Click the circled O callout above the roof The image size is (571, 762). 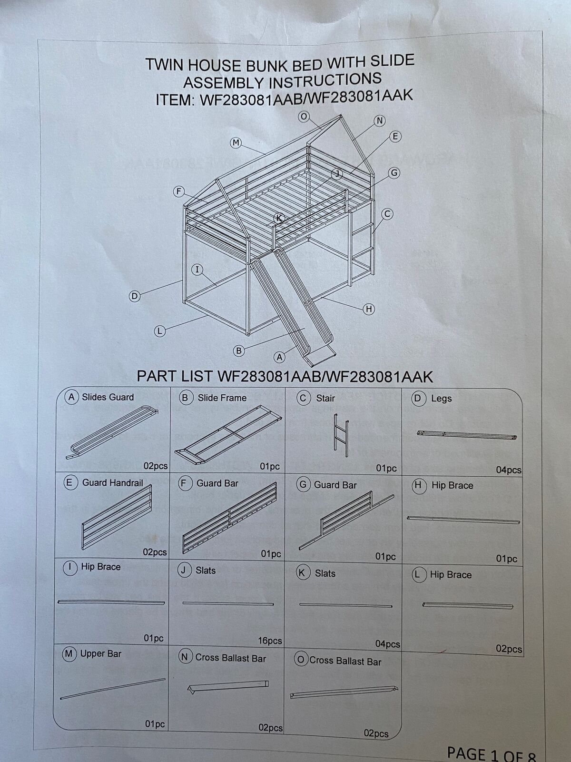304,117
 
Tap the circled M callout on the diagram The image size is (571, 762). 236,143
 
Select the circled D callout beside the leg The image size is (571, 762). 135,297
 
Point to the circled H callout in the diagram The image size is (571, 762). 368,309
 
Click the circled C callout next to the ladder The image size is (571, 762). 387,214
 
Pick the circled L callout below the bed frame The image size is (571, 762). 159,331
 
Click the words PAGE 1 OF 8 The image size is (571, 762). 492,753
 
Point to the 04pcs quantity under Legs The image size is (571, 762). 509,470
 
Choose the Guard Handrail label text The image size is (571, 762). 112,482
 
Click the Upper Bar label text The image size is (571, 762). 100,654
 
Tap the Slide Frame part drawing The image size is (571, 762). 228,435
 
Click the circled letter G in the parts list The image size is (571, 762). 304,485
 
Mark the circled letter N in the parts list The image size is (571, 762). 185,656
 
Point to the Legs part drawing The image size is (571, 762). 467,435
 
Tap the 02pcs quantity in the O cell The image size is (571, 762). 376,733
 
